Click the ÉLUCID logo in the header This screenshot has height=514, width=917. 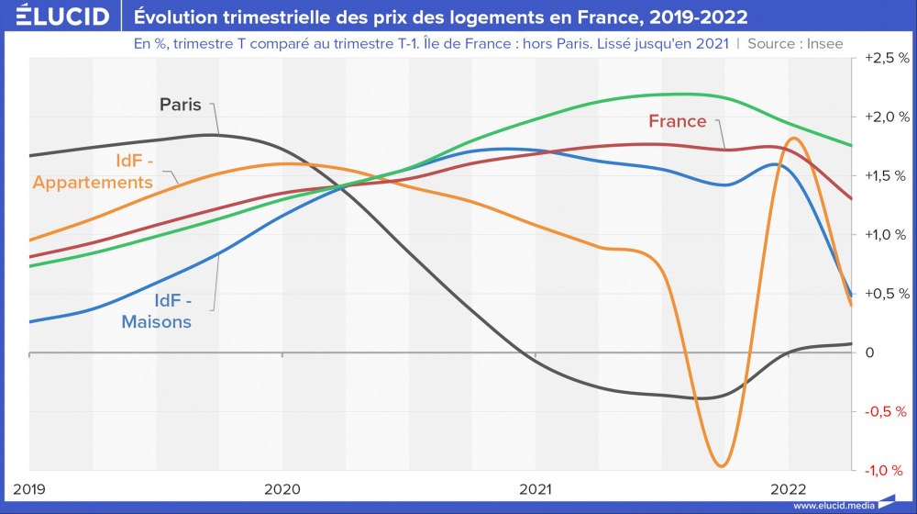[57, 17]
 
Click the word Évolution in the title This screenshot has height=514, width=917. [178, 17]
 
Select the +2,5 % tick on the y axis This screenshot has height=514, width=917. [887, 58]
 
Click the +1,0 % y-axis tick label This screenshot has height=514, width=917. [887, 235]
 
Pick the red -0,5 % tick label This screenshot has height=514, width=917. [887, 411]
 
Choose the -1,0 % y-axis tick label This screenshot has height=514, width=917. [887, 470]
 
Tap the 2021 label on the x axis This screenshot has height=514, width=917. [536, 487]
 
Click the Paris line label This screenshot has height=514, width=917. [180, 105]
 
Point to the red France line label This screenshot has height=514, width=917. [678, 121]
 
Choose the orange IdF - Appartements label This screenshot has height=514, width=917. [93, 172]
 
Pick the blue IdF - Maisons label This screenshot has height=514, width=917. [157, 311]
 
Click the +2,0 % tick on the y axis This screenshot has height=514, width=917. [887, 117]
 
